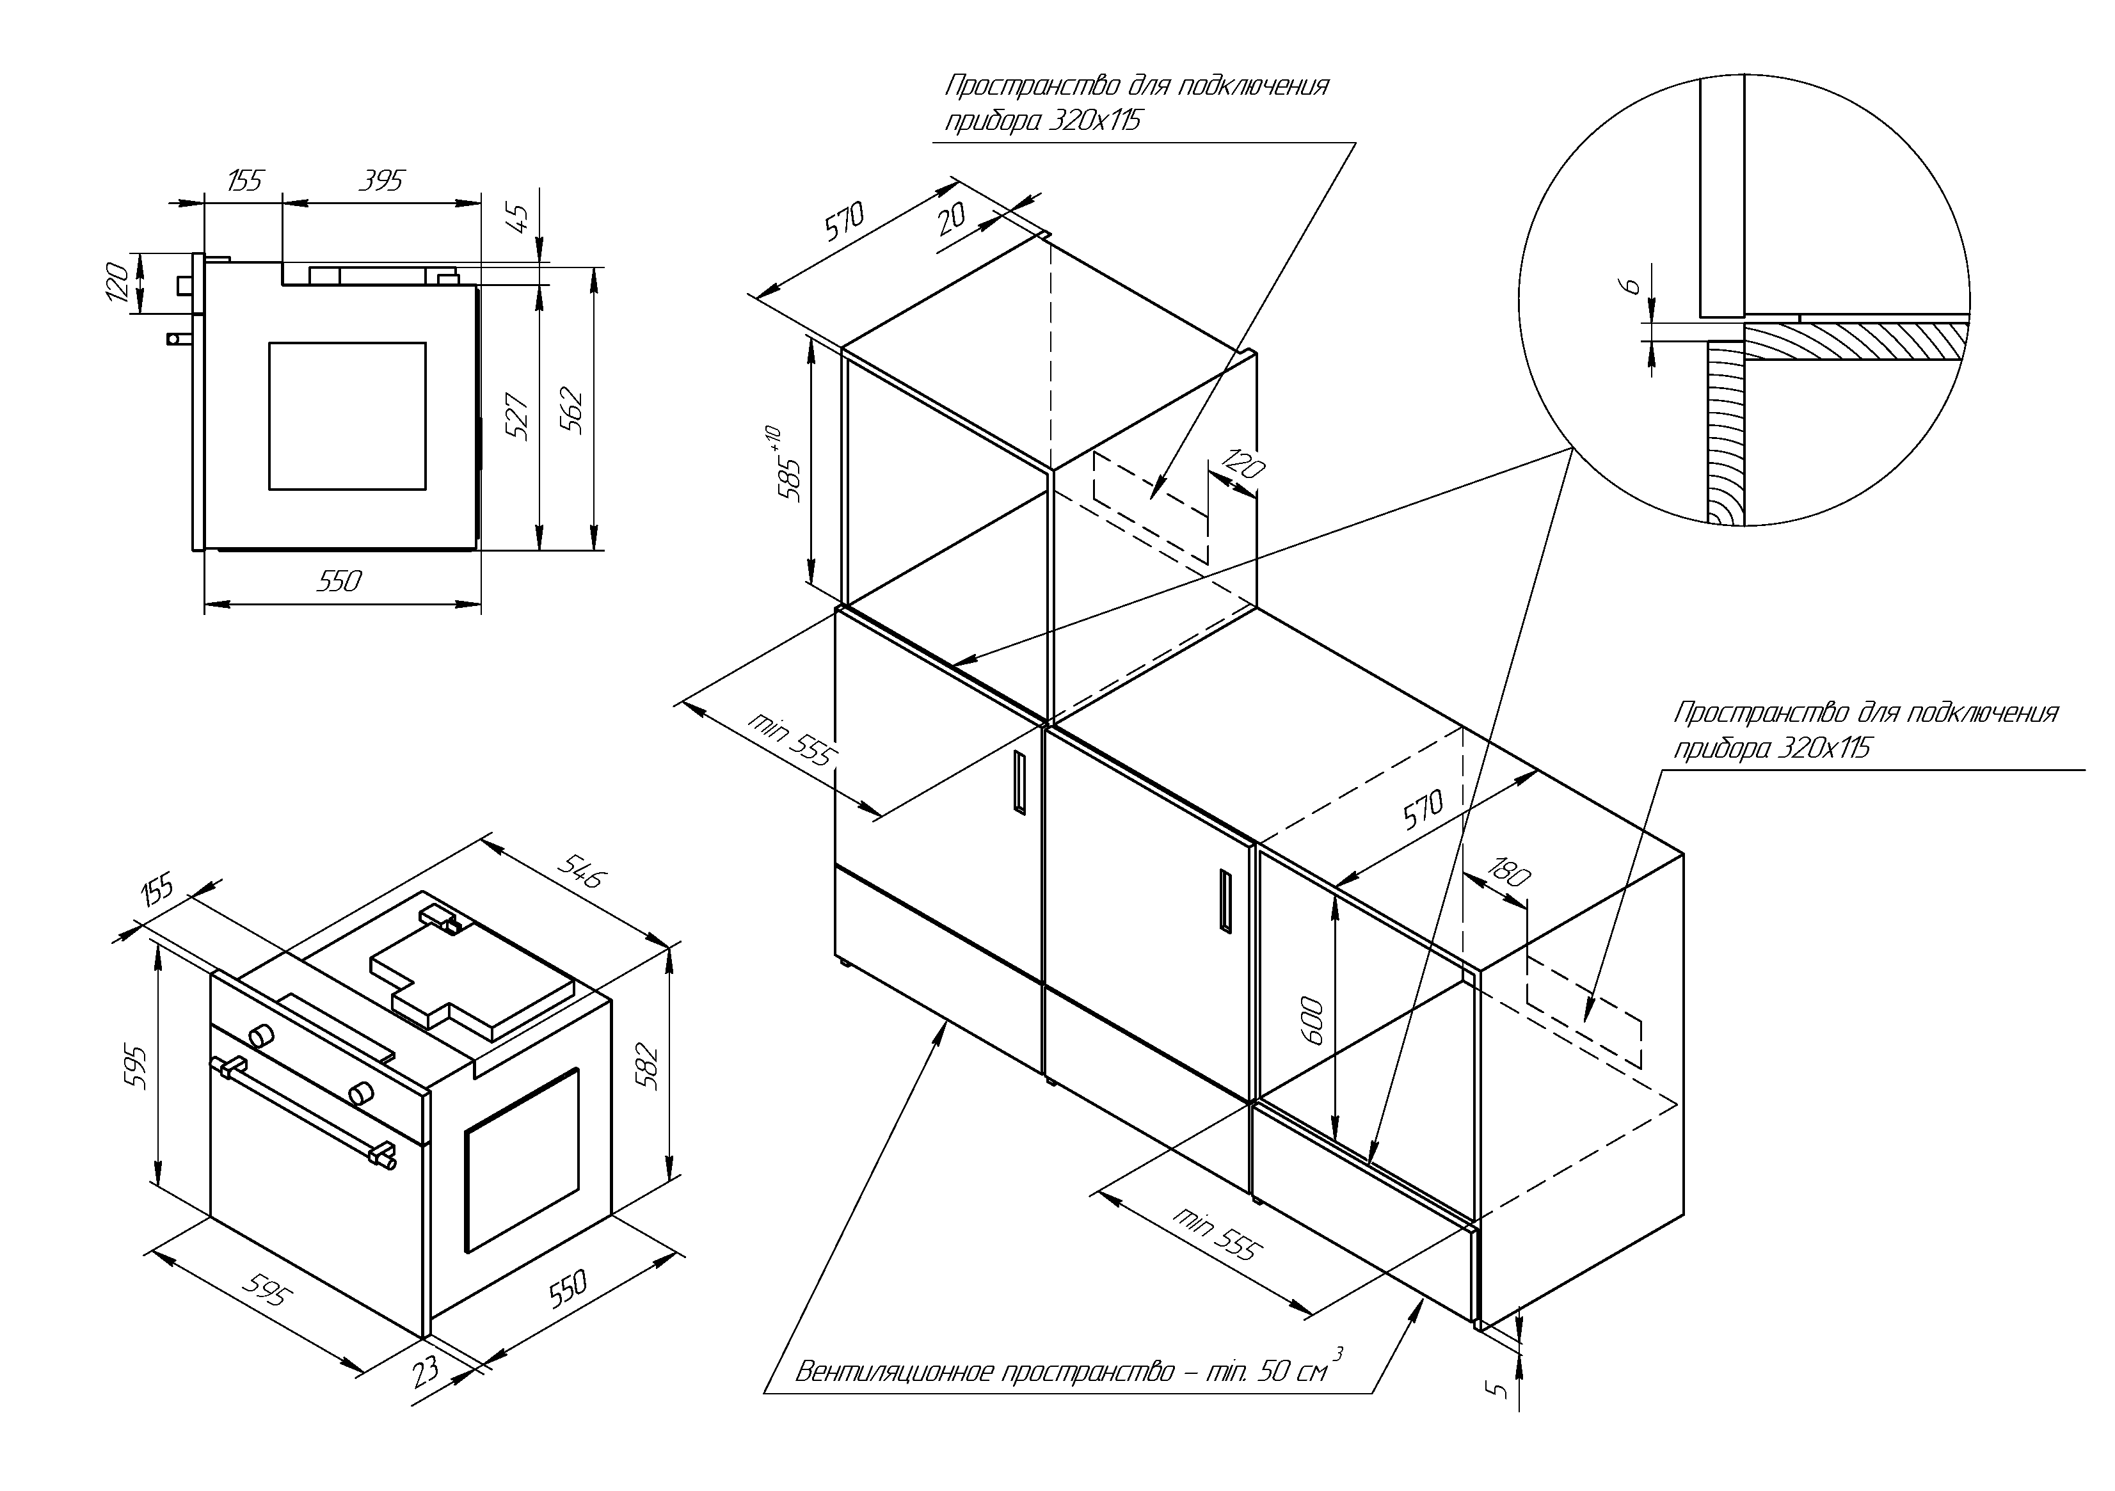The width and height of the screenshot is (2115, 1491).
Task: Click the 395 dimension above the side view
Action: (x=380, y=180)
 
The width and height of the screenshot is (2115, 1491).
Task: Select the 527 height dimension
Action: (x=518, y=417)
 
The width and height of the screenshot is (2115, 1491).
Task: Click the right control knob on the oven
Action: (x=360, y=1093)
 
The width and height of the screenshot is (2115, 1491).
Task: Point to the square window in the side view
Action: (x=347, y=415)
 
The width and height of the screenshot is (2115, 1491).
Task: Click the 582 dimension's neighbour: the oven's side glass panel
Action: (x=522, y=1160)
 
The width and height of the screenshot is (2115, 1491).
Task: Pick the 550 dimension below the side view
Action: (x=339, y=581)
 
